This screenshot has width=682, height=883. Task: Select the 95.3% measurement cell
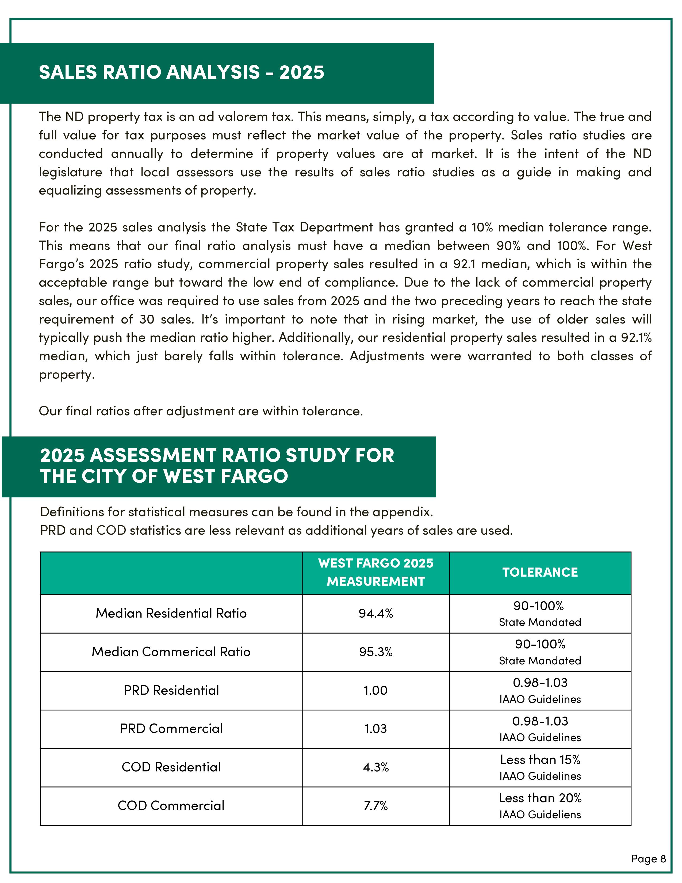375,652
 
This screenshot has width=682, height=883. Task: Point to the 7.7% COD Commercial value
375,805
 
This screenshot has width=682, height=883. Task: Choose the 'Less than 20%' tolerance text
540,798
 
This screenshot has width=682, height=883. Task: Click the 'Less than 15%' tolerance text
540,760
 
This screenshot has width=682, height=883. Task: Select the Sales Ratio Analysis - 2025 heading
181,72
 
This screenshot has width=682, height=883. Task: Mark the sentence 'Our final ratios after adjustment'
201,411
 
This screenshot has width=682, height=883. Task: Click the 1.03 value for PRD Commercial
375,729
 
